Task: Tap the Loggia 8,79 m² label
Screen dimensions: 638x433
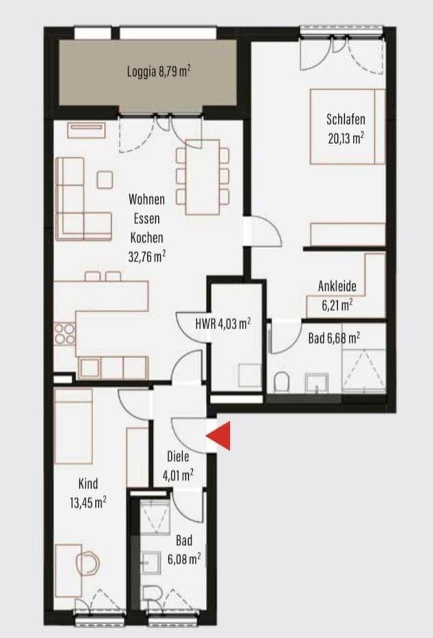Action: [158, 71]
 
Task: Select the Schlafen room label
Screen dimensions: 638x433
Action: [345, 119]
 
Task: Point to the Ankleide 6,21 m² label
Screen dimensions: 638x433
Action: [337, 295]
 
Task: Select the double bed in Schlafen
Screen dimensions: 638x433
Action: [347, 126]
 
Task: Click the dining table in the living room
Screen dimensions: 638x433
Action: [203, 172]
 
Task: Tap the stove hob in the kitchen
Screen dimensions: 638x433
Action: [64, 335]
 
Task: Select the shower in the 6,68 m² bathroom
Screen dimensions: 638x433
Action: [364, 370]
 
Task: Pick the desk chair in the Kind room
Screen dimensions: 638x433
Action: [88, 563]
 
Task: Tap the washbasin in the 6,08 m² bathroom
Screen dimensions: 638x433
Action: [148, 565]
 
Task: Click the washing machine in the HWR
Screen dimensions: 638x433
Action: [248, 375]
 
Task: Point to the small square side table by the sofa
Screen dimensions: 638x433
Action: [105, 180]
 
